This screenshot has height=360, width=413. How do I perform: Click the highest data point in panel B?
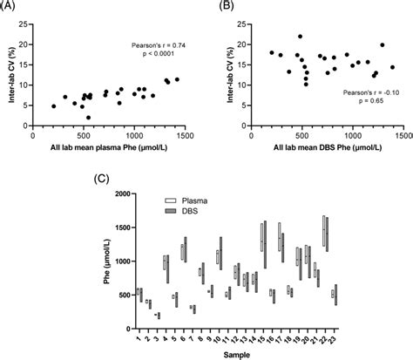300,37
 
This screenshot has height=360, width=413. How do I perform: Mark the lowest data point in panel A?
88,117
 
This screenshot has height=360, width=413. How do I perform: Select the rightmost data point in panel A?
178,79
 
